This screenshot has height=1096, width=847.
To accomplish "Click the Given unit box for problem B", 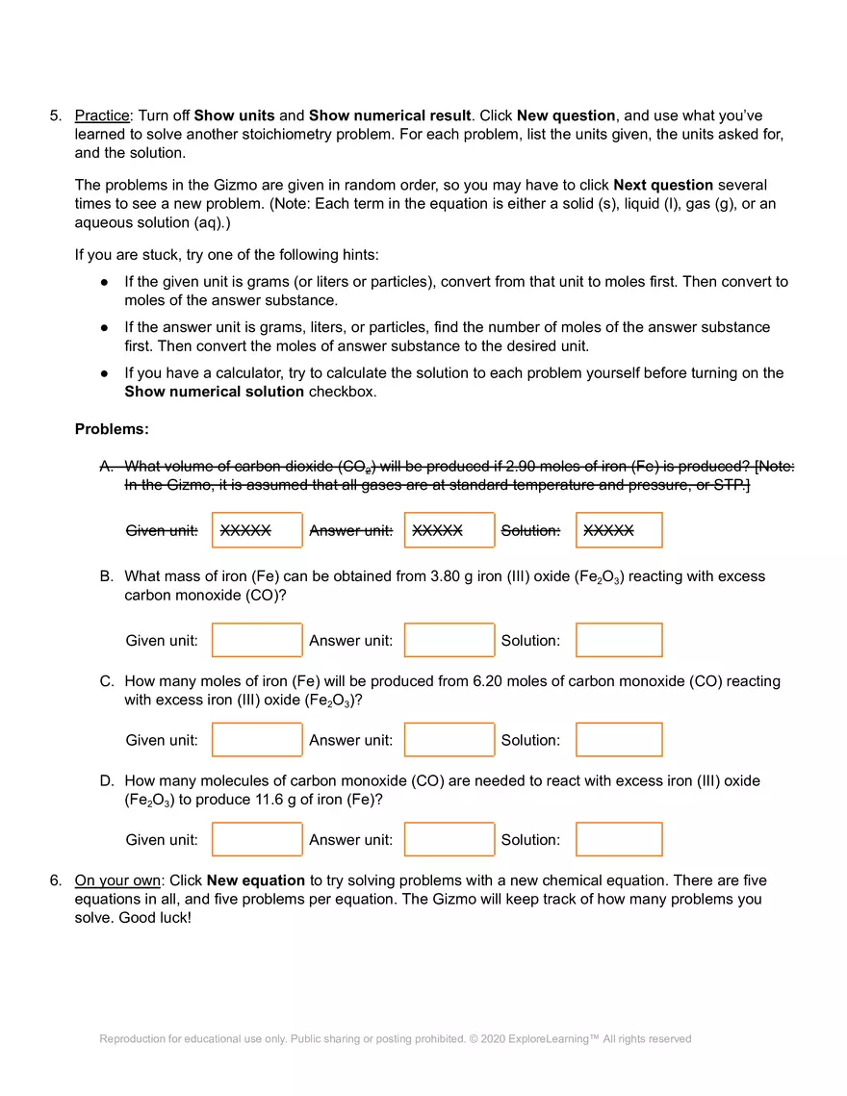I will (257, 640).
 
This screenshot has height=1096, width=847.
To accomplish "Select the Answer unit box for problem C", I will (449, 740).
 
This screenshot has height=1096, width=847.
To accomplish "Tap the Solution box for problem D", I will (619, 839).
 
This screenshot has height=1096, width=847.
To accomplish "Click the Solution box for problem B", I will (619, 640).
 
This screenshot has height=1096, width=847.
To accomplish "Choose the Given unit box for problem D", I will (257, 839).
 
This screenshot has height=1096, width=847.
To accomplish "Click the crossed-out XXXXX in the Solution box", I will (608, 530).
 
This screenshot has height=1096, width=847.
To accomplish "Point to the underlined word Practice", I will (101, 115).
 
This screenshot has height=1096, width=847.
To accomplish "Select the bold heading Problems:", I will (112, 429).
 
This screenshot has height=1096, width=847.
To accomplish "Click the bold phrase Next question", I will (663, 185).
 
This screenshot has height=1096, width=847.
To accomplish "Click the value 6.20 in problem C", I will (489, 681).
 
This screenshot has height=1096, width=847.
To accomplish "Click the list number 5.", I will (55, 115).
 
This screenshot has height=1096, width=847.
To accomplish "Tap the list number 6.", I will (55, 880).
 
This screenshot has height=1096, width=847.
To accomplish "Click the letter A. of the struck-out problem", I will (107, 467).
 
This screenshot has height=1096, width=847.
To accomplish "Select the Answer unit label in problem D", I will (350, 840).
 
